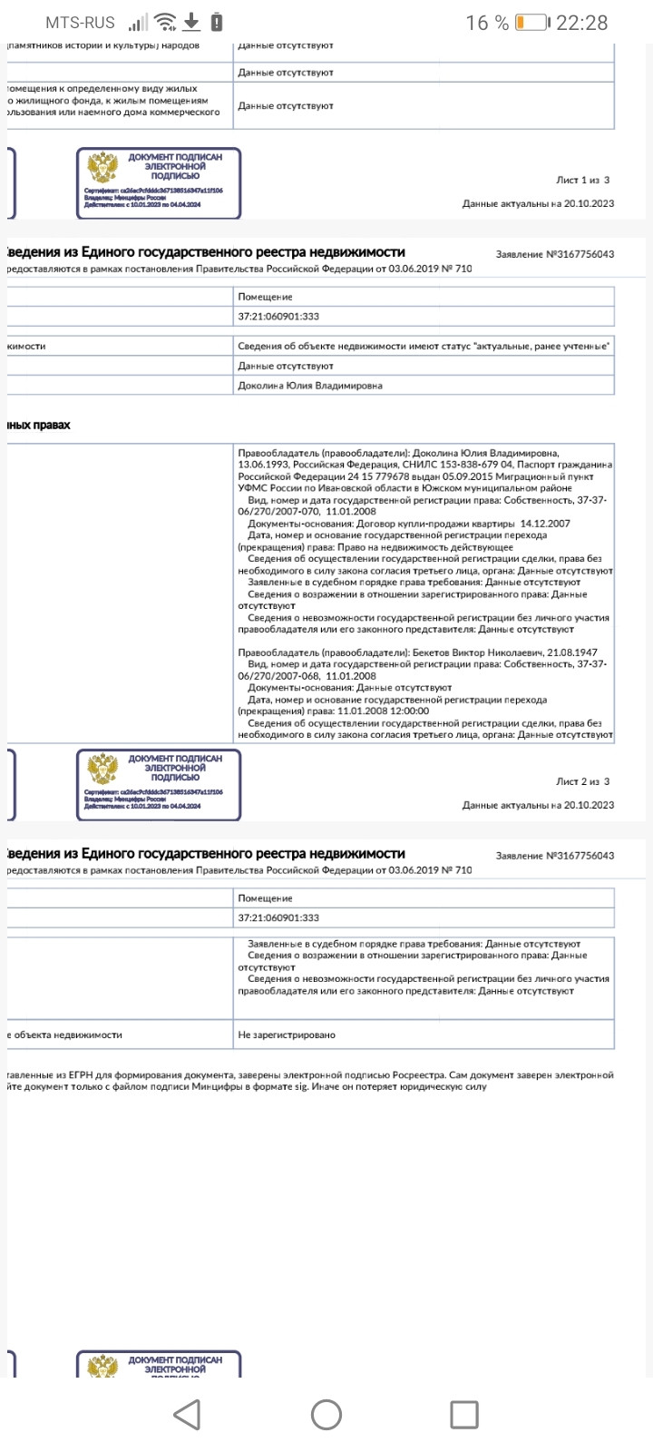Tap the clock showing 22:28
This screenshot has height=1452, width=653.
point(581,23)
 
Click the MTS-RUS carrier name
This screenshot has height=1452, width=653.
point(82,23)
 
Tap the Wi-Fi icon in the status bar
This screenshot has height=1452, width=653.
point(165,23)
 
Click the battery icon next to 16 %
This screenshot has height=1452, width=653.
point(531,23)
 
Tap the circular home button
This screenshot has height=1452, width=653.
point(326,1414)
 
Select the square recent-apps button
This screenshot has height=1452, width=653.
point(464,1414)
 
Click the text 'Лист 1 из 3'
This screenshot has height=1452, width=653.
point(582,181)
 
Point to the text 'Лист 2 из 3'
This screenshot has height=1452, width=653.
point(582,781)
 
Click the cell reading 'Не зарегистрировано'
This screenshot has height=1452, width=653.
point(287,1035)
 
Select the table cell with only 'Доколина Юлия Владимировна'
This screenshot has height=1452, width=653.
point(310,386)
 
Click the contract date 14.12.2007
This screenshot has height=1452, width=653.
point(545,524)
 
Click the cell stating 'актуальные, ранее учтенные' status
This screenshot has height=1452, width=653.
point(424,346)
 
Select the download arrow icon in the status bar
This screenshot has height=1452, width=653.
point(191,23)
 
